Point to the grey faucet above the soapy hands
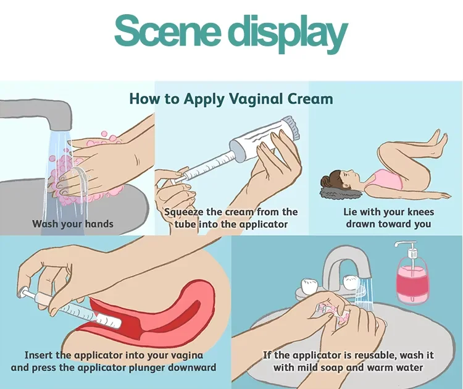(37, 117)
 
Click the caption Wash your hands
(73, 224)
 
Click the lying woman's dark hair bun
(328, 182)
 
